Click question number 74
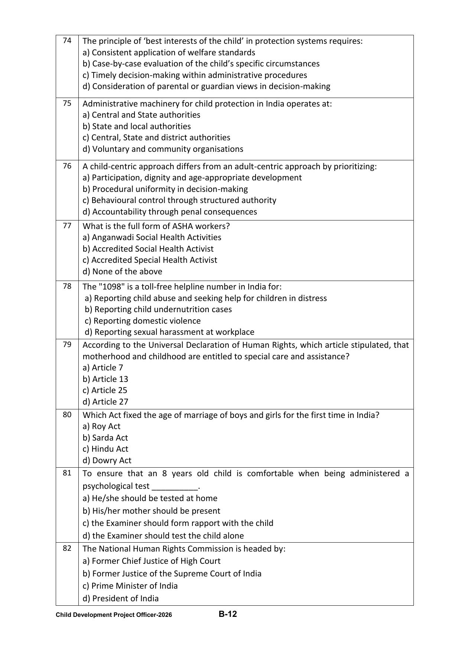coord(67,40)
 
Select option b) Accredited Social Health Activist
coord(148,249)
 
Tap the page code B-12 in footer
coord(227,614)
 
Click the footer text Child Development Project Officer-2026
coord(114,615)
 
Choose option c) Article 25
coord(105,390)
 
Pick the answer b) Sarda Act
coord(105,438)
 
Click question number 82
coord(67,548)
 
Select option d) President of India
coord(121,598)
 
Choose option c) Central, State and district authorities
coord(156,137)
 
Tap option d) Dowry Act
coord(107,460)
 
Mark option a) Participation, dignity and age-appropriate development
coord(192,177)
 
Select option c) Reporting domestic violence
coord(143,321)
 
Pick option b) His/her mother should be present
coord(151,511)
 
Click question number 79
coord(67,344)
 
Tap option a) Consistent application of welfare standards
coord(169,52)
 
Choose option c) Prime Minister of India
coord(130,586)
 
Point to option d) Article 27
coord(105,402)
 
